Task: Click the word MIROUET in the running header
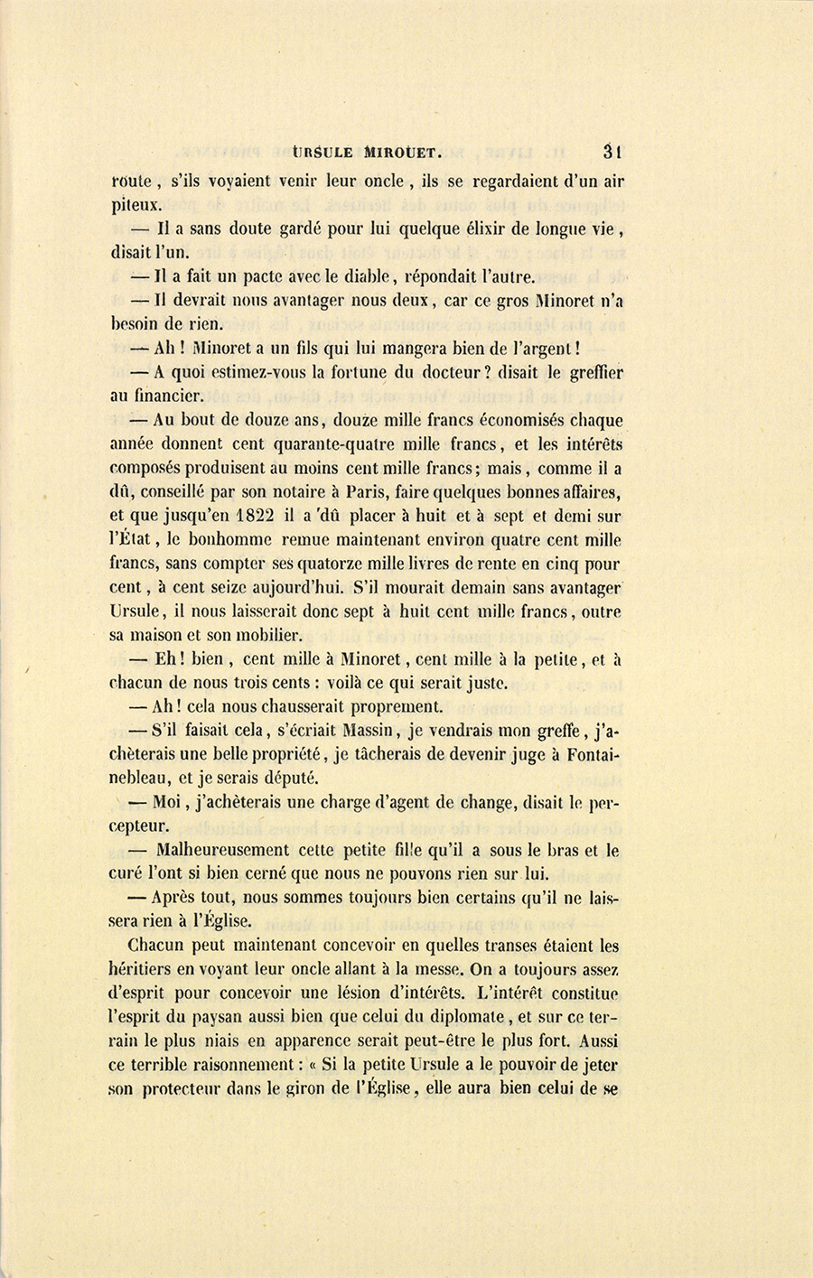click(x=391, y=153)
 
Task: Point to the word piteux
click(x=136, y=205)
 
